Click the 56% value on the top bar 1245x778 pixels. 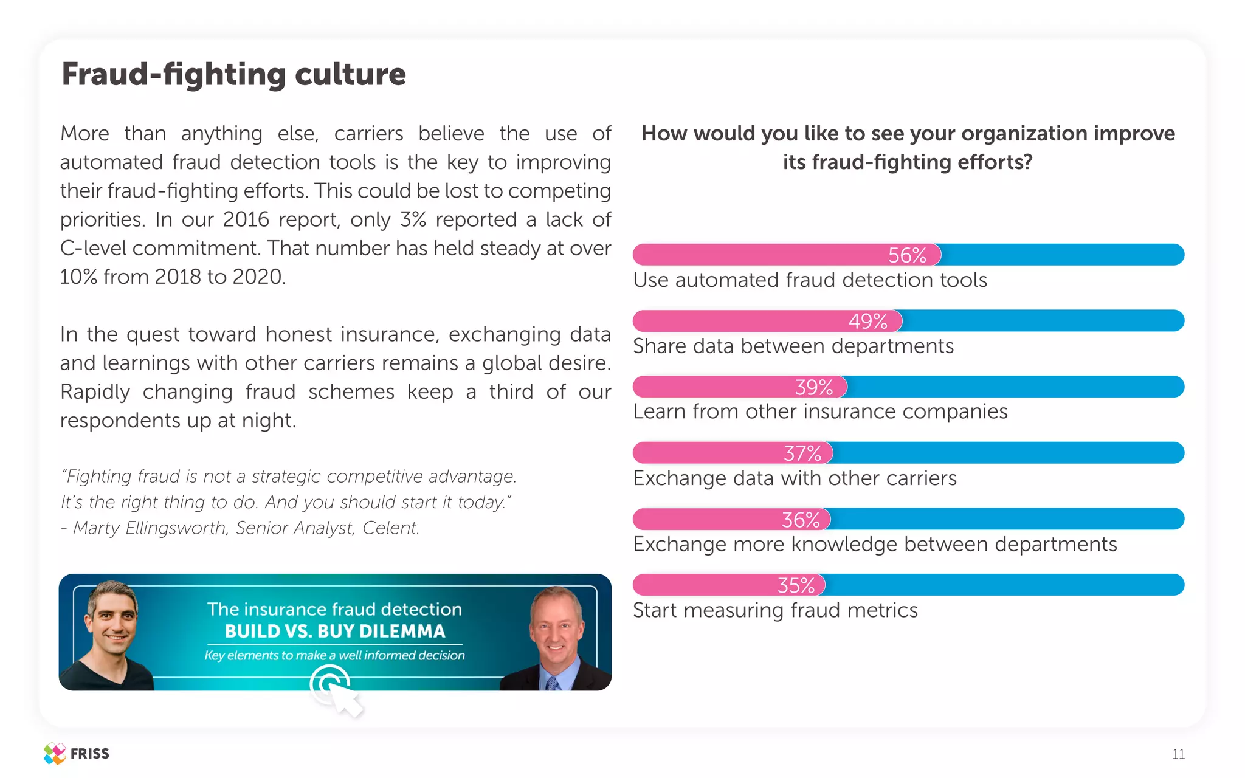[907, 255]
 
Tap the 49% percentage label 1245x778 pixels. [867, 322]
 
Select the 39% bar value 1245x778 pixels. [814, 387]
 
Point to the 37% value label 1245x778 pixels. [802, 453]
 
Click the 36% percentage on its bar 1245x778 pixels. [801, 520]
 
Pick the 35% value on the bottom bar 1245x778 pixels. [796, 585]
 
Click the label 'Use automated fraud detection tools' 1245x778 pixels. [810, 280]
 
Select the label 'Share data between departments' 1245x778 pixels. [793, 346]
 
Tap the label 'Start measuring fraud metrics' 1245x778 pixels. [775, 610]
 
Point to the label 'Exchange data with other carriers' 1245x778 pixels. [795, 478]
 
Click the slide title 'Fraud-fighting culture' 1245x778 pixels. [234, 75]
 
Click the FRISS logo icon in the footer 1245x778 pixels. [55, 754]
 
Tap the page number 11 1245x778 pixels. [1178, 754]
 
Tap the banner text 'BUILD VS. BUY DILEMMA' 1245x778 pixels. [335, 632]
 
